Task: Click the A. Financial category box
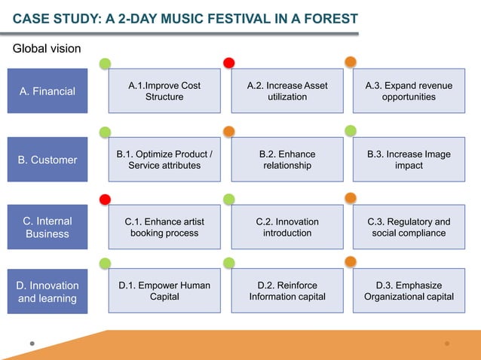(x=47, y=91)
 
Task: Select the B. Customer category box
(x=47, y=160)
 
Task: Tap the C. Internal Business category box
(x=47, y=227)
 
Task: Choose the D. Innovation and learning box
(x=47, y=292)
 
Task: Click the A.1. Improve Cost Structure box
(x=164, y=91)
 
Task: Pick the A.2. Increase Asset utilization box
(x=287, y=91)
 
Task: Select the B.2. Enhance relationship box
(x=287, y=160)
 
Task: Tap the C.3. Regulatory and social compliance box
(x=409, y=227)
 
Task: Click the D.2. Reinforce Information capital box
(x=287, y=291)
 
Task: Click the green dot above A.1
(x=106, y=63)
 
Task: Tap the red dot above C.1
(x=106, y=199)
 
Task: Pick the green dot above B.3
(x=351, y=131)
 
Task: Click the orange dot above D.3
(x=351, y=262)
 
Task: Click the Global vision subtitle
(x=47, y=49)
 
